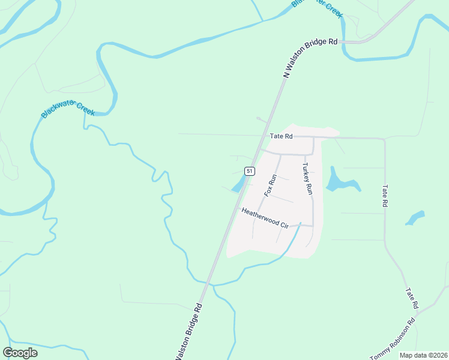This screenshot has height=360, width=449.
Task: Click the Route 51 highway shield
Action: click(x=250, y=171)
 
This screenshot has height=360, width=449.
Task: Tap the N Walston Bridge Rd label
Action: click(x=310, y=58)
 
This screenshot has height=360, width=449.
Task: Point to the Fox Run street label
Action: click(x=271, y=186)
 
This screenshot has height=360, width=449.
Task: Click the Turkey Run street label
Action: click(x=307, y=179)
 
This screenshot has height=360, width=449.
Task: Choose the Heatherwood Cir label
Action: click(x=265, y=217)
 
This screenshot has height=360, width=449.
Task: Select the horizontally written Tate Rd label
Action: click(x=281, y=136)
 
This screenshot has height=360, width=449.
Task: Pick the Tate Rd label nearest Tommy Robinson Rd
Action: click(x=411, y=298)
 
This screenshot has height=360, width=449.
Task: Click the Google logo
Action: click(x=20, y=353)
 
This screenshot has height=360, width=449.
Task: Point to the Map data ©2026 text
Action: click(x=423, y=355)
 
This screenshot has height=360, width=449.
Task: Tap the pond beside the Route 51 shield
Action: click(x=239, y=184)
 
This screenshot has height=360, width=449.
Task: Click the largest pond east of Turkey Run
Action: click(x=340, y=181)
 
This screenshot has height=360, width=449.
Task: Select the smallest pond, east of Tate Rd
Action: click(x=415, y=217)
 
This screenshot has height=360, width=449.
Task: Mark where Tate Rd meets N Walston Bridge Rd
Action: click(x=266, y=136)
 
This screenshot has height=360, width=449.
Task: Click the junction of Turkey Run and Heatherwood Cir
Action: click(x=313, y=226)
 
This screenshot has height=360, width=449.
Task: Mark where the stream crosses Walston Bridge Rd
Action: click(x=208, y=283)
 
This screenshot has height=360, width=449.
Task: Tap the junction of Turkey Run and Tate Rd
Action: click(x=313, y=137)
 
